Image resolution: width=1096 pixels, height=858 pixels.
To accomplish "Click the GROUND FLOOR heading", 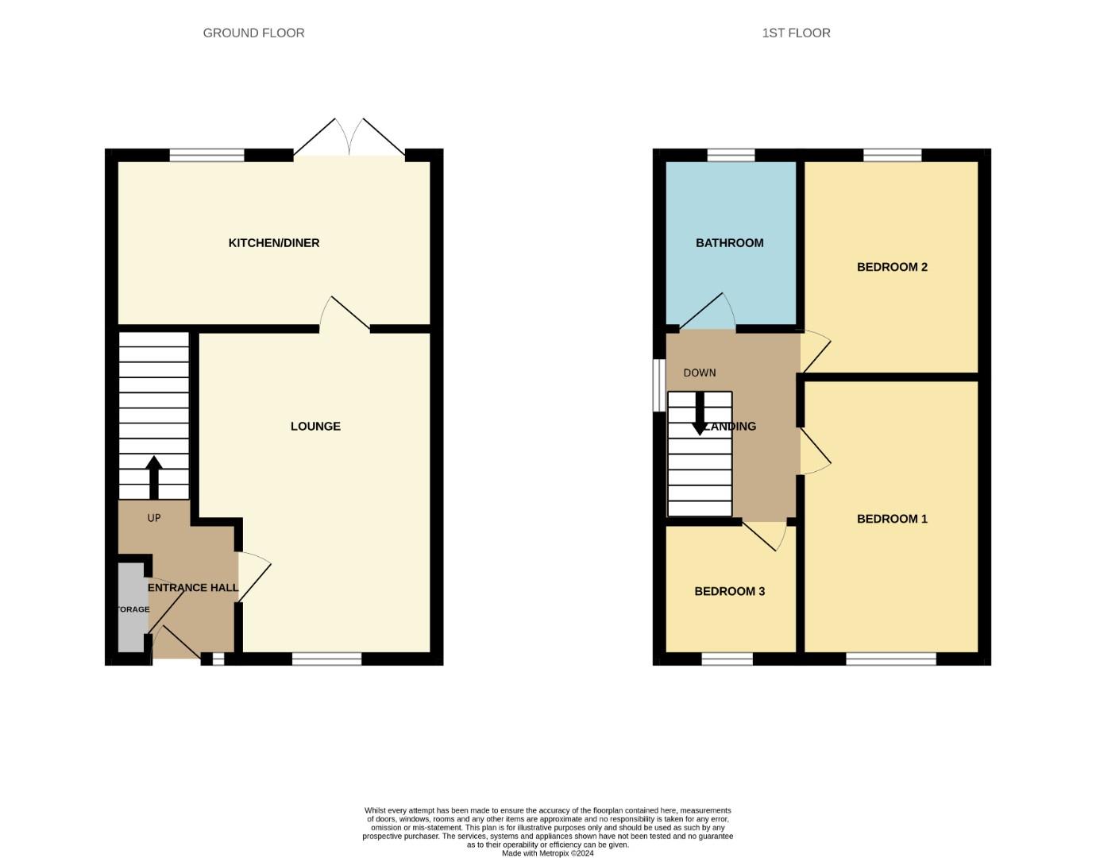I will coord(253,33).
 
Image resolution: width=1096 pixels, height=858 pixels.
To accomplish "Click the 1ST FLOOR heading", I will coord(796,33).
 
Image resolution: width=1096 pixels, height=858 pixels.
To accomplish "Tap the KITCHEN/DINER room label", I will coord(274,243).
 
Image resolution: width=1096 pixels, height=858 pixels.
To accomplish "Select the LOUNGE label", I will coord(315,427).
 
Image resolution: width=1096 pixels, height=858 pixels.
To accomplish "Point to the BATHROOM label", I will coord(729,243).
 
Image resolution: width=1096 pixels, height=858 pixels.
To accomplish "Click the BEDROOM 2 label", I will coord(892,267).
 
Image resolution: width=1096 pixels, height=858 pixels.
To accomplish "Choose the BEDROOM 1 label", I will coord(892,519).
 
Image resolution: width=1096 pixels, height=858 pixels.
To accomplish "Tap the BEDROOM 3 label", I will coord(729,591).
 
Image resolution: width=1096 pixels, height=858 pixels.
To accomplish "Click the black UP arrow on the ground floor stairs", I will coord(154,477).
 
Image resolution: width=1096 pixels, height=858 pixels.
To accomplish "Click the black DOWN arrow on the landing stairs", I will coord(699,415).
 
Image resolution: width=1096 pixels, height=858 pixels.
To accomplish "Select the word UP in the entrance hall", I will coord(154,518).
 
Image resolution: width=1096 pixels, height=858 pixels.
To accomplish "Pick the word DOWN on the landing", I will coord(700,373).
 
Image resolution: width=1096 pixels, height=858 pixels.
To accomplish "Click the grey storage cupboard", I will coord(131,608).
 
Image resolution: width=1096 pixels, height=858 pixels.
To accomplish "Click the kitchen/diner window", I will coord(207,155).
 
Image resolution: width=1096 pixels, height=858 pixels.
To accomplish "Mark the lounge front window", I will coord(327,659).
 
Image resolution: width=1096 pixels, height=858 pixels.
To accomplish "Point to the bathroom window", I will coord(731,155).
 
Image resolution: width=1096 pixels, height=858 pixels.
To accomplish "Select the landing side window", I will coord(659,386).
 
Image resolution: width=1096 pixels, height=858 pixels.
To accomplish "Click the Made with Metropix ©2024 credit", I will coord(547,853).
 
